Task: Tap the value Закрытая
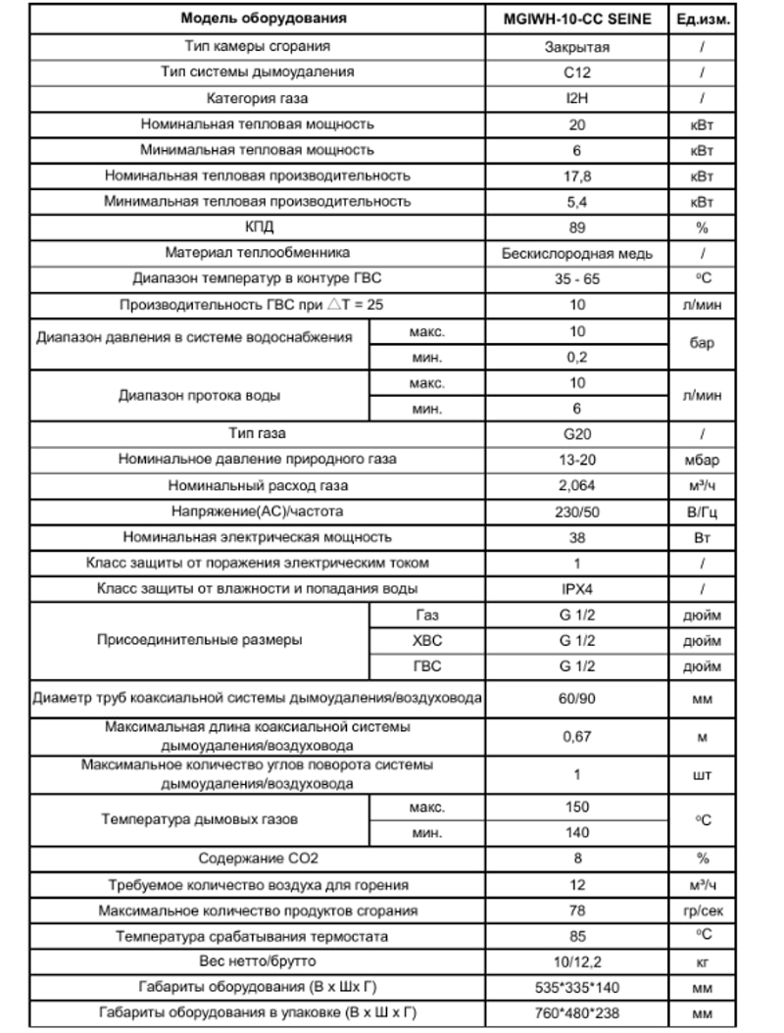[x=577, y=46]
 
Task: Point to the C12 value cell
[x=577, y=72]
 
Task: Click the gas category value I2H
[x=577, y=98]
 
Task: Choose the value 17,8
[x=577, y=175]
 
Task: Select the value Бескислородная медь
[x=577, y=253]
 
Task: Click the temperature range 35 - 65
[x=577, y=278]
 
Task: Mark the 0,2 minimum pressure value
[x=577, y=357]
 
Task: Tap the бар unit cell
[x=702, y=344]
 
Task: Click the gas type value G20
[x=577, y=433]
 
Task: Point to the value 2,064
[x=577, y=485]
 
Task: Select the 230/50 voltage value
[x=577, y=511]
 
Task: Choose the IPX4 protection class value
[x=577, y=589]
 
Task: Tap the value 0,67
[x=577, y=736]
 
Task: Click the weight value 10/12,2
[x=577, y=961]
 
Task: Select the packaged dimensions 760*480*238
[x=577, y=1012]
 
